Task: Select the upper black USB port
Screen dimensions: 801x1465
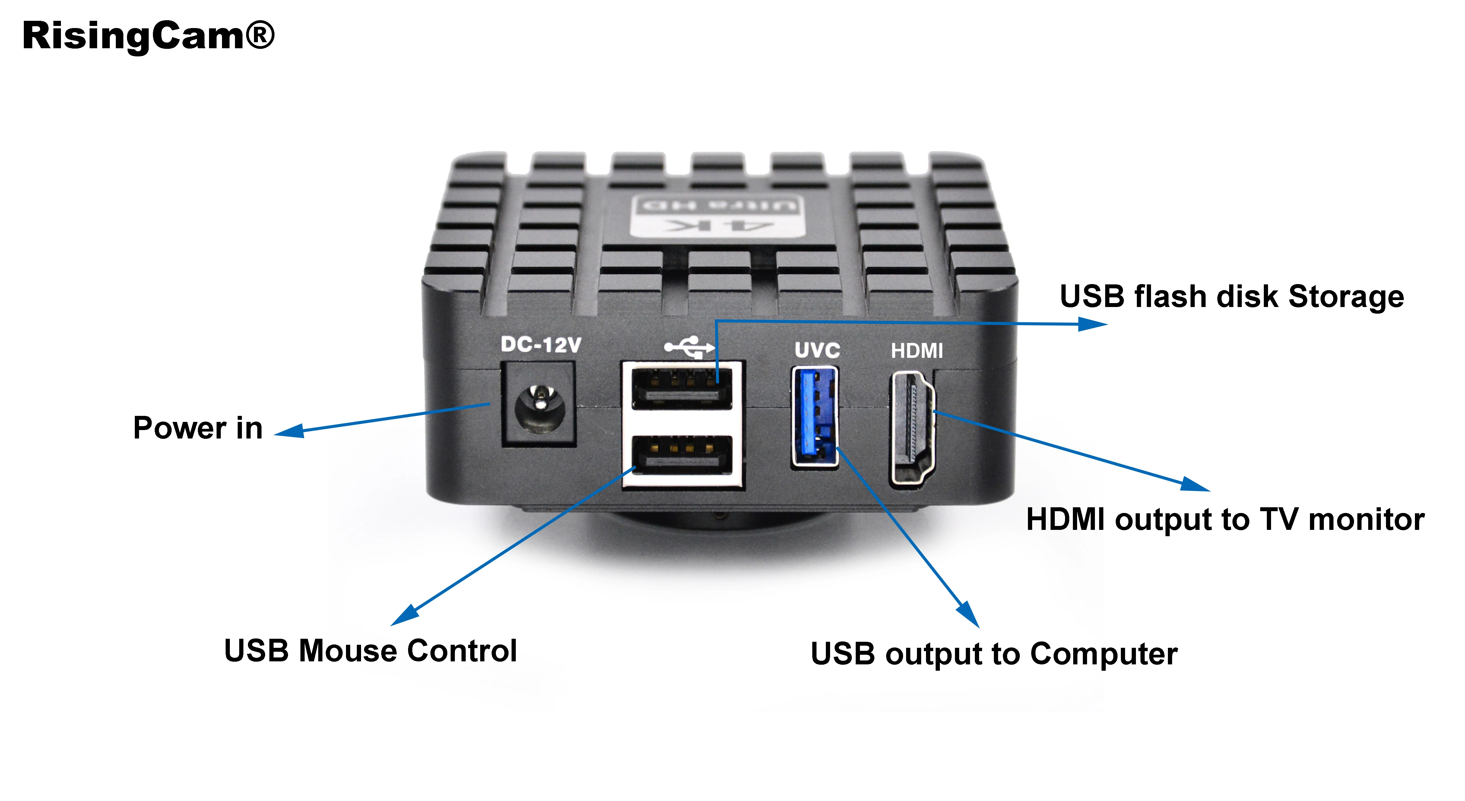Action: click(x=682, y=389)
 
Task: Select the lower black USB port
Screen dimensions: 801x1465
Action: click(x=682, y=455)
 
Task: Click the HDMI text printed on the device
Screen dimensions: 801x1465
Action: click(x=917, y=351)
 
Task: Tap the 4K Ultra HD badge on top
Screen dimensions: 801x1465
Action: click(x=718, y=216)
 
